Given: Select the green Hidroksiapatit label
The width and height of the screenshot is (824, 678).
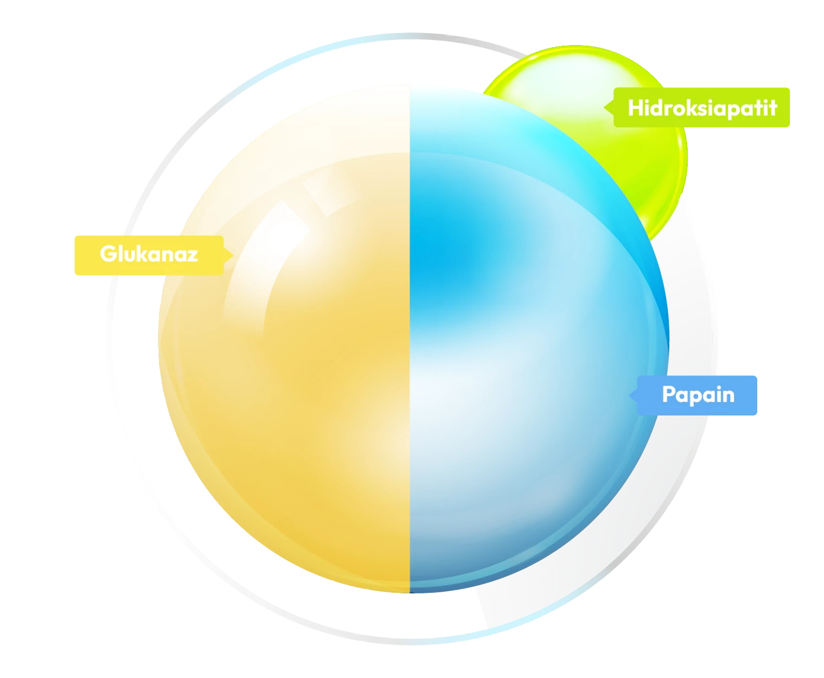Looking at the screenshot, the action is [697, 107].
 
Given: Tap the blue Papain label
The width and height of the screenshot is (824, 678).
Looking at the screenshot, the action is [693, 395].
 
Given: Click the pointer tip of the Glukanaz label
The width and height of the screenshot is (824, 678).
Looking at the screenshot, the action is [234, 255].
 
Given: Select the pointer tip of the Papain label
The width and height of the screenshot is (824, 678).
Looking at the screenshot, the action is [629, 395].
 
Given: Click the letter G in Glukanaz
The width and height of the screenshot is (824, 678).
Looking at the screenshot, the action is [108, 253].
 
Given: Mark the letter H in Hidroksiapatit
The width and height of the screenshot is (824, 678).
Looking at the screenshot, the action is [635, 107].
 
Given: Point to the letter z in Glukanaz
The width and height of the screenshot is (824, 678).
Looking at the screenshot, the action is [191, 255].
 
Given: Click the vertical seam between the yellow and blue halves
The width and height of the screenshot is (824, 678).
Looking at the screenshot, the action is [410, 338].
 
